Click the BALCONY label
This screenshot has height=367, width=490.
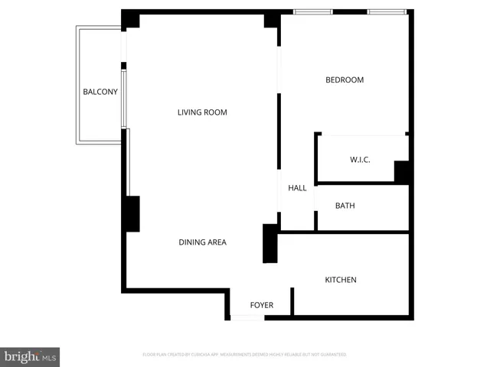point(100,93)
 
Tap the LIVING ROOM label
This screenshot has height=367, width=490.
point(202,112)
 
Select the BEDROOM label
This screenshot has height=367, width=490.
point(345,80)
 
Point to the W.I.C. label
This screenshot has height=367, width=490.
point(360,160)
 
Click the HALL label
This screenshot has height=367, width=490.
point(297,188)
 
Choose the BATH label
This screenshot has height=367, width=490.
point(345,206)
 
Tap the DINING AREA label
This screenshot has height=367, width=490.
point(202,242)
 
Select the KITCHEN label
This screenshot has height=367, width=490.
point(341,280)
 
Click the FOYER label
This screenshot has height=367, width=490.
point(262,305)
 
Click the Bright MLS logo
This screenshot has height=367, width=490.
point(31,356)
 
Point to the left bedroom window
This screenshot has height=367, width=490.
point(313,11)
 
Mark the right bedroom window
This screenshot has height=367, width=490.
point(386,11)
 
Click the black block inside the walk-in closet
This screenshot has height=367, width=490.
point(402,172)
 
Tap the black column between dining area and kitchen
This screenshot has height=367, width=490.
point(269,243)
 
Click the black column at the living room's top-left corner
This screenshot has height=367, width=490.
point(131,19)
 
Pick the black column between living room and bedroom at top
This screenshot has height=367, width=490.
point(272,19)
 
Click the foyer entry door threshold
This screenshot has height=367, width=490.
point(247,317)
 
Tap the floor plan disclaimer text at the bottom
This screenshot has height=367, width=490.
point(244,355)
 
